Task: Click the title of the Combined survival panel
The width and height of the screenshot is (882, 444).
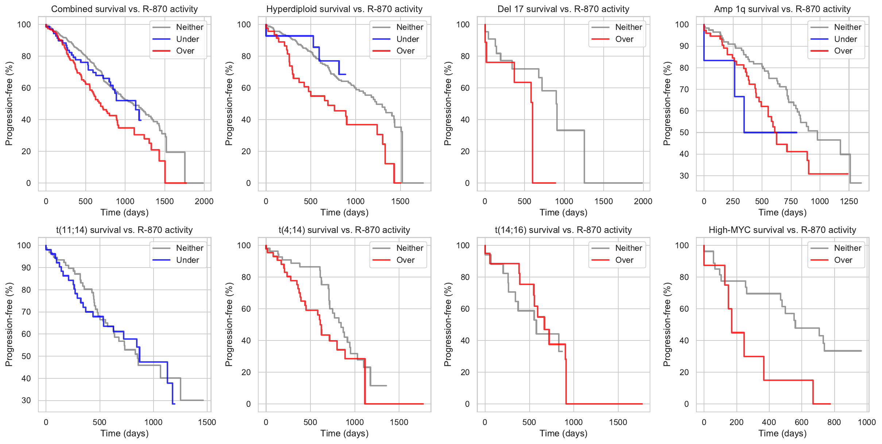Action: click(124, 9)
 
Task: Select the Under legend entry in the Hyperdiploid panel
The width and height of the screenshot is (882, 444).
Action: click(407, 39)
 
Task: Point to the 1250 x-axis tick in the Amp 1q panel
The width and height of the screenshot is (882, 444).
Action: click(849, 201)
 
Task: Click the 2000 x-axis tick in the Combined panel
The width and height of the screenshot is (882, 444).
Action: click(204, 201)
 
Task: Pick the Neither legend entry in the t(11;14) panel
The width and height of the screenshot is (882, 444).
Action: click(189, 248)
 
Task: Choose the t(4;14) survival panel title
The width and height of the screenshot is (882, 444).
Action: click(344, 230)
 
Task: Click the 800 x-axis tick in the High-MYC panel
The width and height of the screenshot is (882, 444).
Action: click(834, 422)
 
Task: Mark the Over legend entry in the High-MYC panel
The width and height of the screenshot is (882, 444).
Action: click(843, 260)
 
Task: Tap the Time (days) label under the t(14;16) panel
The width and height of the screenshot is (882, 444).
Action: click(563, 433)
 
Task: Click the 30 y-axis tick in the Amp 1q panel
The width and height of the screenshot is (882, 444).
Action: click(684, 176)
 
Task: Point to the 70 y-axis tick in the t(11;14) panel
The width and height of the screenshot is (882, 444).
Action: click(26, 312)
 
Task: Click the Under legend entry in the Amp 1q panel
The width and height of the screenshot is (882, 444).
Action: click(845, 39)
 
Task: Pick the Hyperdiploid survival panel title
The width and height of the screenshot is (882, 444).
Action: click(344, 9)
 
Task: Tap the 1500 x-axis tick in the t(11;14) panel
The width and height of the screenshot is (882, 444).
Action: click(207, 422)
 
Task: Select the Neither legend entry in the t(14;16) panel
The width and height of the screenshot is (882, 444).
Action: click(628, 248)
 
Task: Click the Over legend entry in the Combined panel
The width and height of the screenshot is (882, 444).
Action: click(185, 51)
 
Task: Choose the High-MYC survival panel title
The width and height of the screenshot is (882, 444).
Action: click(782, 230)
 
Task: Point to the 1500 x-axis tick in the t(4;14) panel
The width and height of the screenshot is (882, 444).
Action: click(399, 422)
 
